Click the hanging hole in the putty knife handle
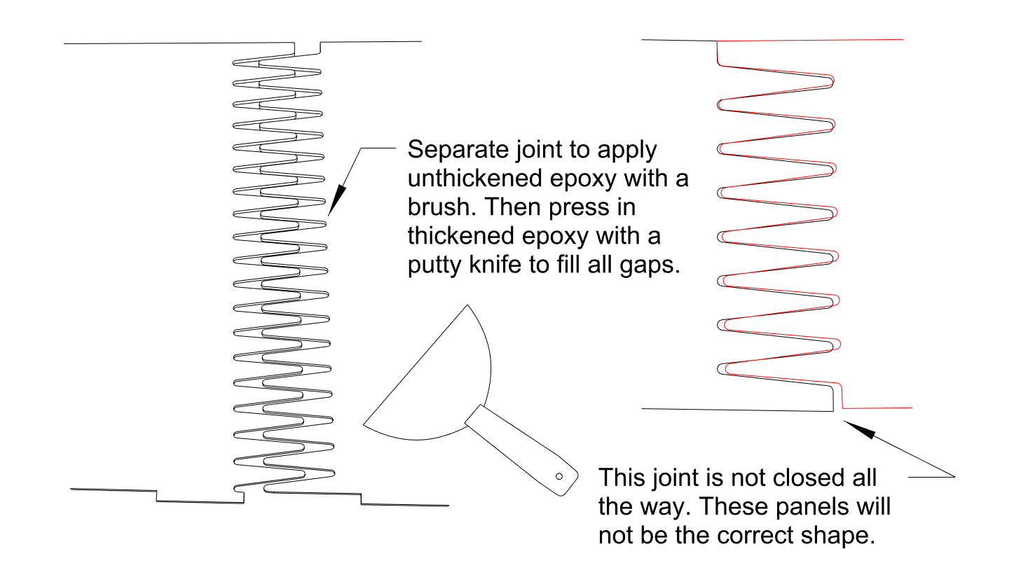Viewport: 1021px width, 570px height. (559, 477)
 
